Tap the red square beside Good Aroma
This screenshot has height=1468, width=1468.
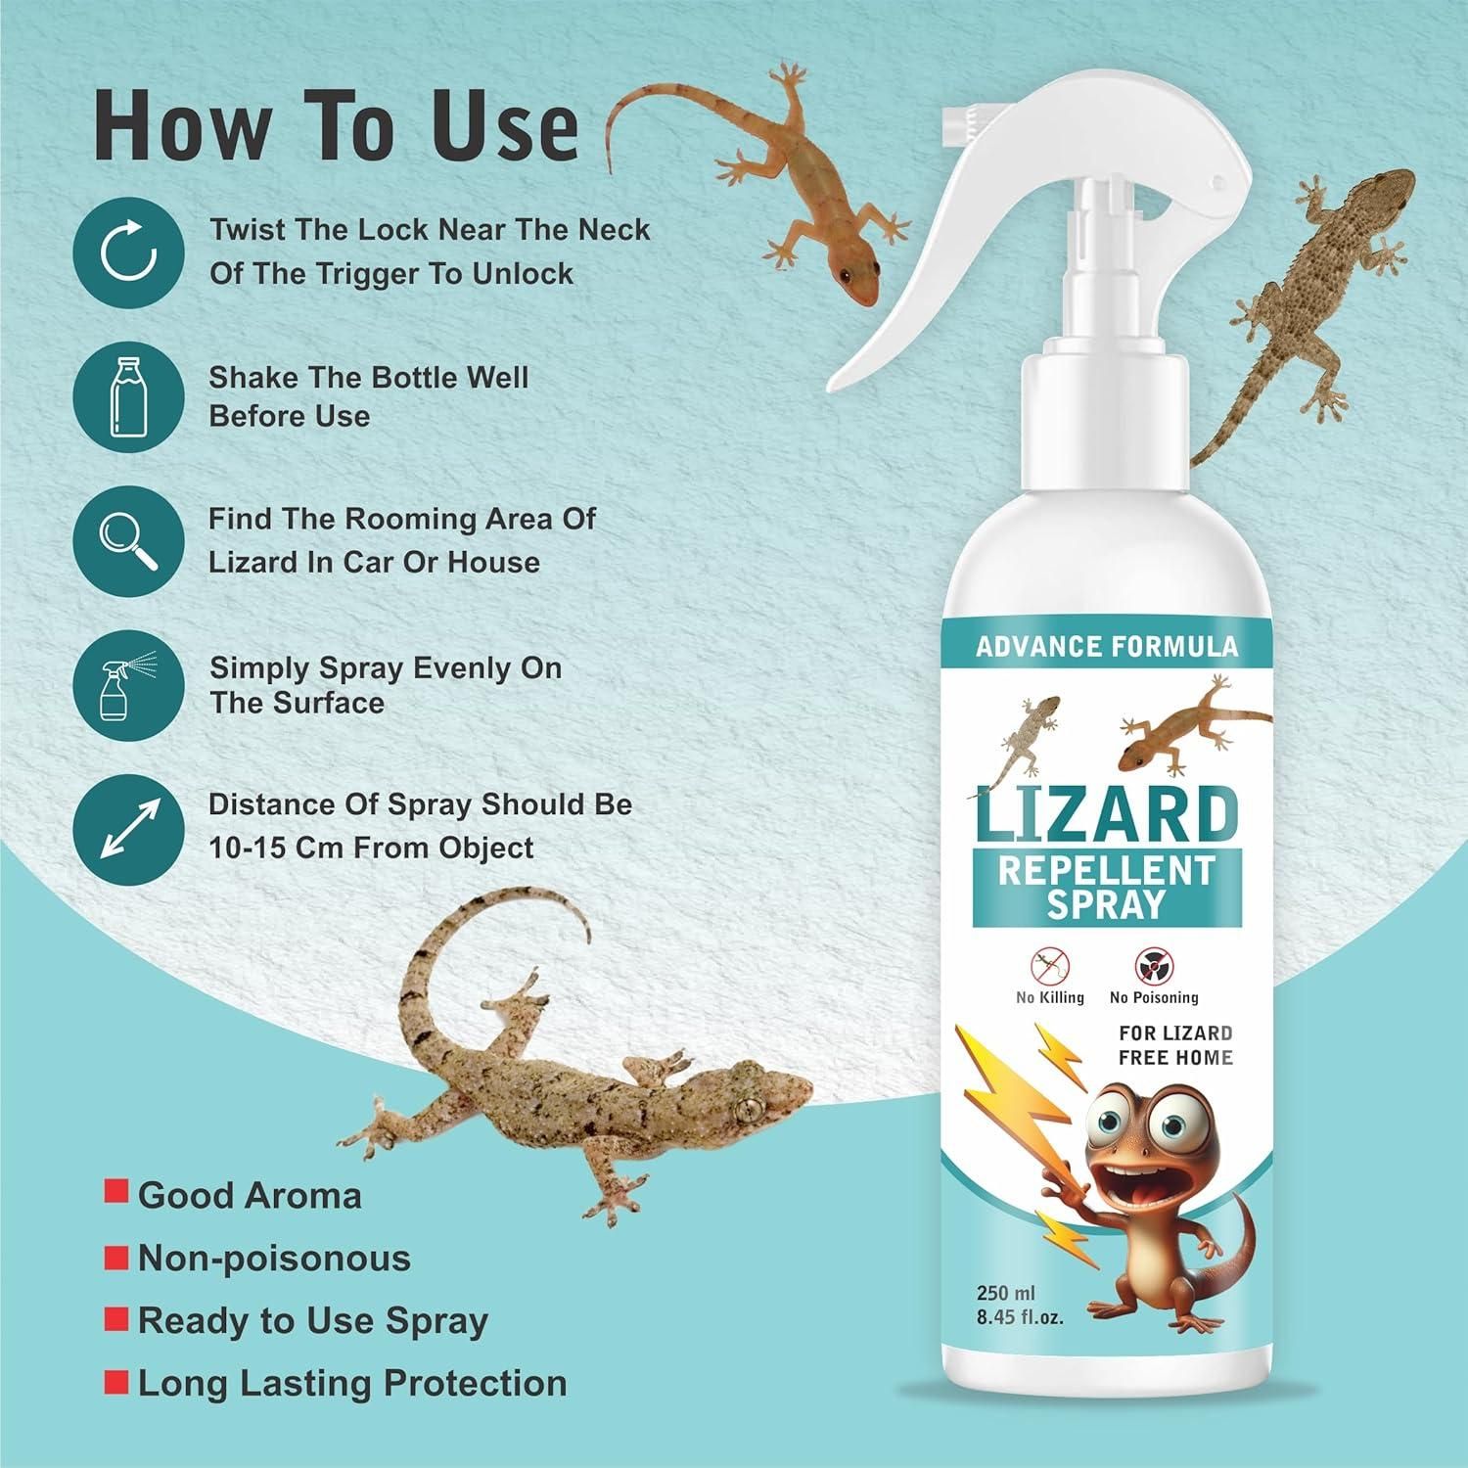pos(116,1193)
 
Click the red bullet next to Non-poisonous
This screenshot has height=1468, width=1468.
pos(116,1257)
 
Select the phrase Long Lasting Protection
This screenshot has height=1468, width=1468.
pos(352,1383)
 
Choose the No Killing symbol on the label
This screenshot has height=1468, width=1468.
pos(1049,967)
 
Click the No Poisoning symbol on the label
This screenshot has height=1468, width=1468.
pos(1153,967)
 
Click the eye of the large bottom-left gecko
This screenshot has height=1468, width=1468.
pos(750,1108)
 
